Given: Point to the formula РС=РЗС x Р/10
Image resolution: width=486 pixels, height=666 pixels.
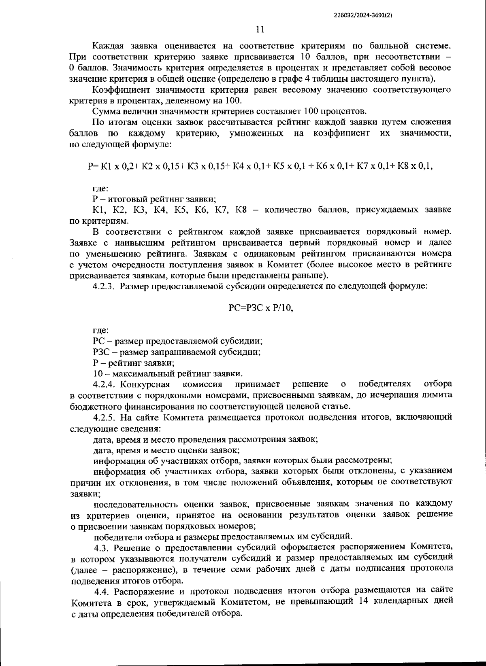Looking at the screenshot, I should tap(260, 308).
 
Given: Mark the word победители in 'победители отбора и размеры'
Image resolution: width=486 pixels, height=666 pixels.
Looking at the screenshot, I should tap(117, 537).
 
